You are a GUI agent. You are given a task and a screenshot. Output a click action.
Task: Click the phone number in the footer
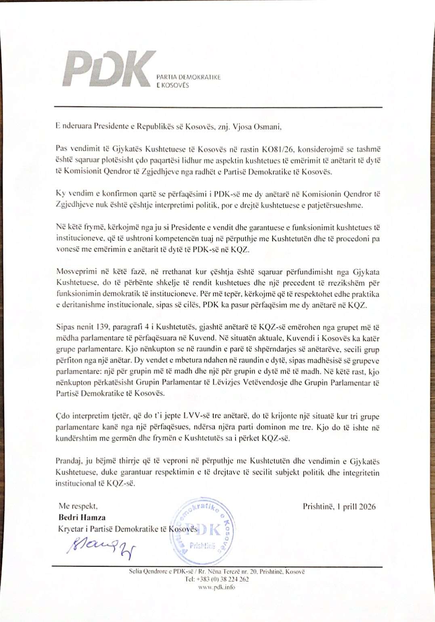pos(217,579)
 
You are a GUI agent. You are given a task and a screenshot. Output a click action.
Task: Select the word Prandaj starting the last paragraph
pos(69,461)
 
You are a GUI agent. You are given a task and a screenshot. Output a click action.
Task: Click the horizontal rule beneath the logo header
pos(218,107)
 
